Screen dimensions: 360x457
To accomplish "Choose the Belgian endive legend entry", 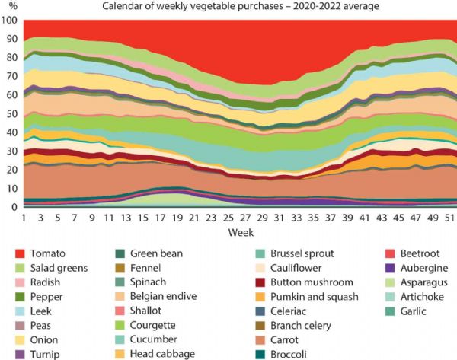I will tap(165, 296).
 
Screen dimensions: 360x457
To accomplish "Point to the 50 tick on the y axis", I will tap(11, 113).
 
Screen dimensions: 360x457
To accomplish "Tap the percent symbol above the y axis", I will tap(10, 7).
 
